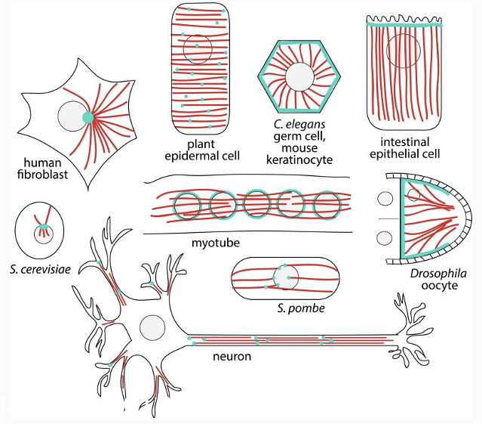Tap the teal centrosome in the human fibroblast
pos(89,117)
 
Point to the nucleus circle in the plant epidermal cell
pos(198,49)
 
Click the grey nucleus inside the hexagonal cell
pos(300,76)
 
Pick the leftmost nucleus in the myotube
pos(188,204)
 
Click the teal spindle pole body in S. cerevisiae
pos(44,225)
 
